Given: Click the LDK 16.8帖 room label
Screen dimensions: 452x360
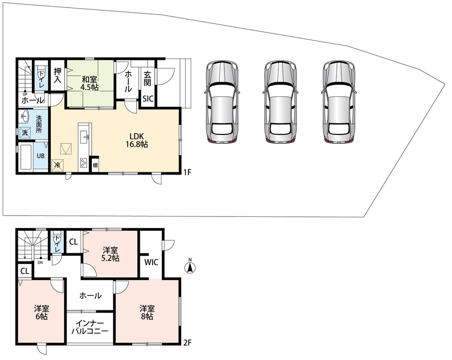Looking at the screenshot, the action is (137, 140).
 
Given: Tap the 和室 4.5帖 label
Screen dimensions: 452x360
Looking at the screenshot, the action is (90, 83).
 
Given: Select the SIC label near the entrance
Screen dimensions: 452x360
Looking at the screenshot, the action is (148, 99).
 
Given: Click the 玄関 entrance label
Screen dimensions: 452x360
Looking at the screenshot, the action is (148, 79).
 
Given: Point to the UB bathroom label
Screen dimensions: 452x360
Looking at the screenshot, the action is (40, 156).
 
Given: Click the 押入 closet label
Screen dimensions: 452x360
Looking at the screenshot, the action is (58, 76).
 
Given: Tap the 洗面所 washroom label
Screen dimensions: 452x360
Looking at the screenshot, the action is (39, 124).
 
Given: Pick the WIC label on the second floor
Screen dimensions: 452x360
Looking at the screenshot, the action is (151, 262).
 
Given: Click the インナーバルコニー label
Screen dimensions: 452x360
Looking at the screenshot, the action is (90, 327).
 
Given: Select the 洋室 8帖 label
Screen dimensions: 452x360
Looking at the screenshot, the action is (147, 312).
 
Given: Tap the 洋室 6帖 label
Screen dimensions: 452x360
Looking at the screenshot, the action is (42, 312).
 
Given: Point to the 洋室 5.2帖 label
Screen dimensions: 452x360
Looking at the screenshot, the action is (111, 254).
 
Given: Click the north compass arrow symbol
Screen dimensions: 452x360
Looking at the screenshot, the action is (190, 267).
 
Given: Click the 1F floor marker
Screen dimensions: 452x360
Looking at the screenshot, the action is (188, 172).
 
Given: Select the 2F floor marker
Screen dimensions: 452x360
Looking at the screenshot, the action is (188, 343).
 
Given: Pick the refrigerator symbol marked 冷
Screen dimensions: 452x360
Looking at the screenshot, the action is (58, 165).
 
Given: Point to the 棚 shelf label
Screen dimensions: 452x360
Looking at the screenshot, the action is (95, 166).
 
